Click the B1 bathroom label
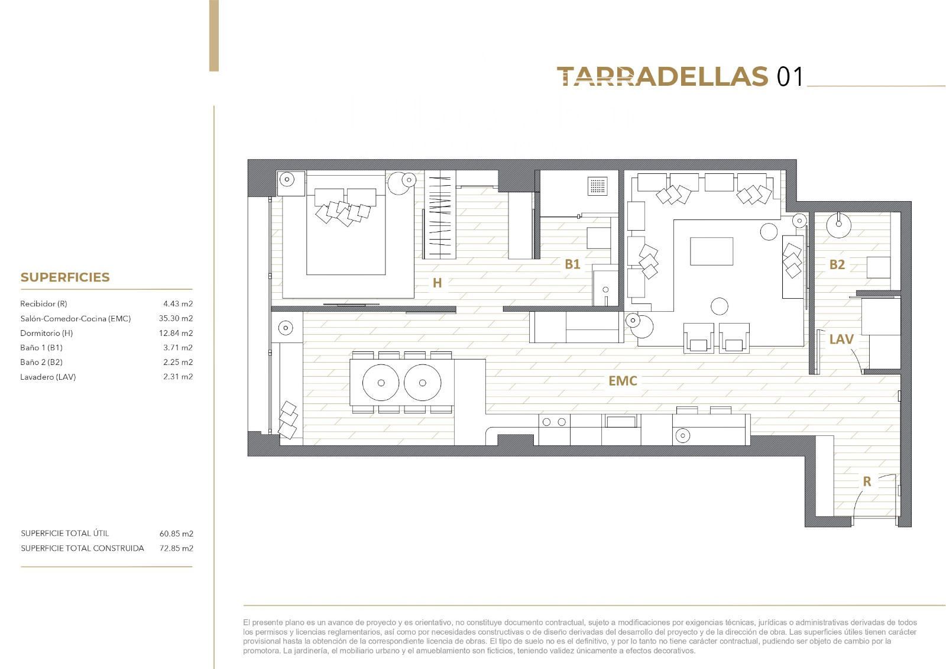(572, 264)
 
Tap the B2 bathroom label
(837, 264)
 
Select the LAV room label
(841, 339)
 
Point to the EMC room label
(623, 381)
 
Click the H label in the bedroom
(437, 283)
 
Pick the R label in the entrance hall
(867, 481)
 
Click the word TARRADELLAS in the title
(662, 76)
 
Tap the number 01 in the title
(789, 77)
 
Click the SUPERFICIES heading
(65, 277)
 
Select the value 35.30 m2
(176, 318)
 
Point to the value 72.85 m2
(176, 548)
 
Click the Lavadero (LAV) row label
(48, 377)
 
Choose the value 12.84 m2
(176, 333)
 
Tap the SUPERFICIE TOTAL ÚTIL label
(64, 534)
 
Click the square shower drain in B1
(598, 186)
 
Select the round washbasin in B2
(838, 225)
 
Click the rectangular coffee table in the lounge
(712, 251)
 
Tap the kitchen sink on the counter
(621, 422)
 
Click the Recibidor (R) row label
(44, 304)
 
